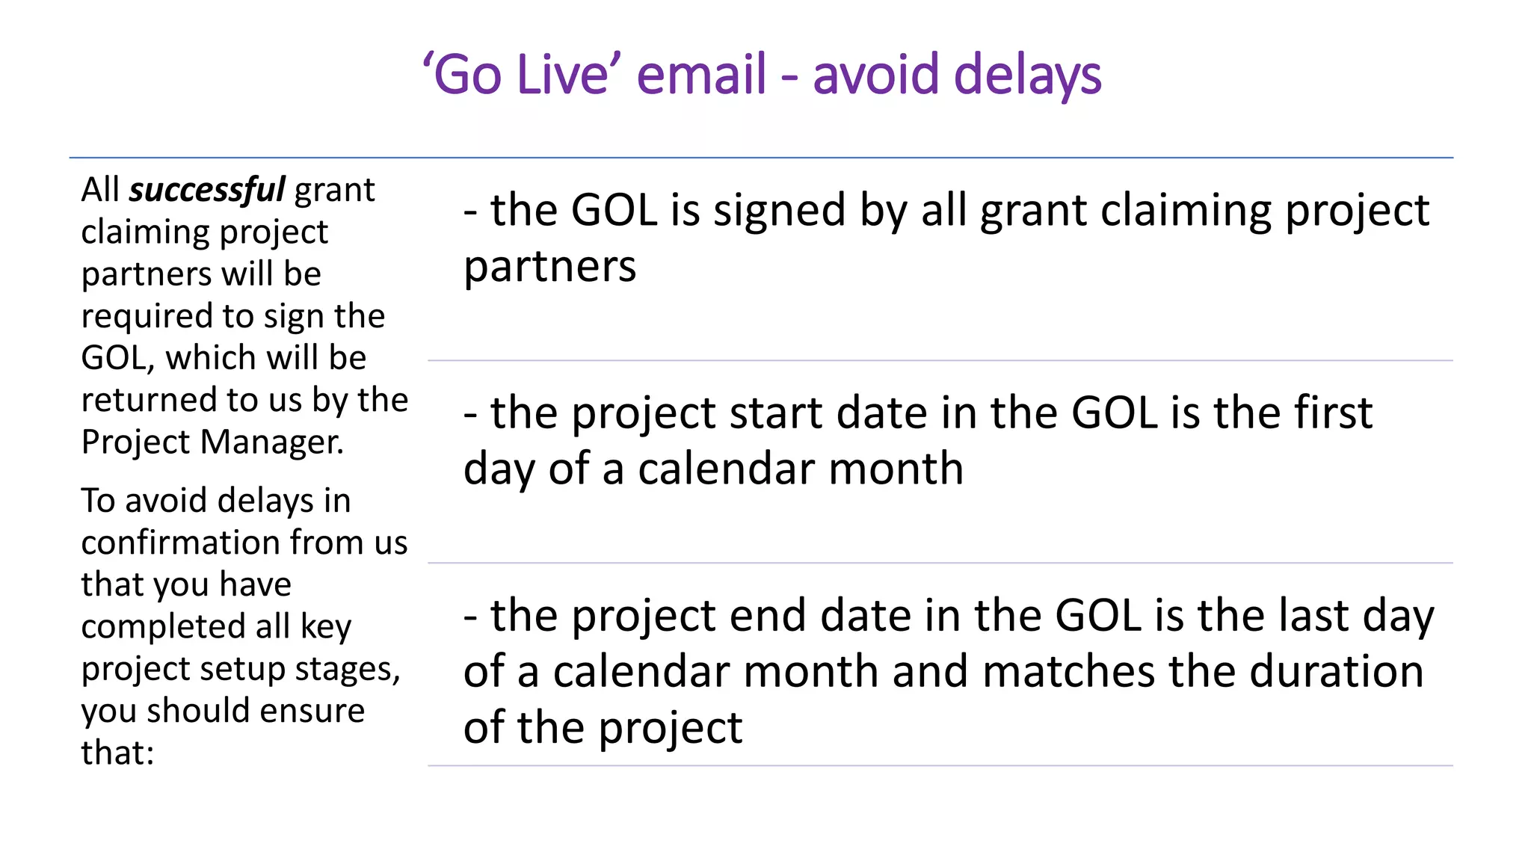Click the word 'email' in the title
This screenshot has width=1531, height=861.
click(701, 75)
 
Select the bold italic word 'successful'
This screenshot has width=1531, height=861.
click(206, 190)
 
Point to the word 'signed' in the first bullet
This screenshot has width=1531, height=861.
click(780, 210)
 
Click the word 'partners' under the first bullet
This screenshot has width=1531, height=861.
click(549, 267)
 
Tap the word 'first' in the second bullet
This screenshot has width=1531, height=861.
click(1333, 413)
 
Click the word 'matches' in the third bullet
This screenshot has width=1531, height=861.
click(1072, 671)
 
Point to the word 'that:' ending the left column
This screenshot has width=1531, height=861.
click(117, 753)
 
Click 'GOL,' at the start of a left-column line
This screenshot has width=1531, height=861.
click(117, 358)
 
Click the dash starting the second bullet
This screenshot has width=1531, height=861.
click(470, 414)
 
